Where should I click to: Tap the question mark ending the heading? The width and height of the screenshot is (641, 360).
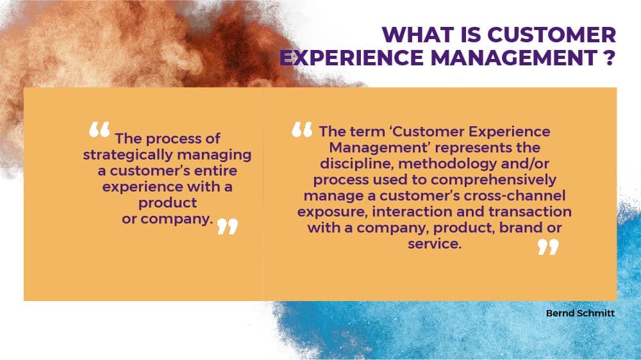coord(609,57)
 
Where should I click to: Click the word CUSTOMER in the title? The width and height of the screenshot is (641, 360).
coord(552,35)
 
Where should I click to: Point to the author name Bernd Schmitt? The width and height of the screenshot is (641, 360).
coord(580,313)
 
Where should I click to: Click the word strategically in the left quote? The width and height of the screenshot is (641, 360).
coord(128,155)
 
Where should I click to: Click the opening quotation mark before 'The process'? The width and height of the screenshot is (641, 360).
coord(99,129)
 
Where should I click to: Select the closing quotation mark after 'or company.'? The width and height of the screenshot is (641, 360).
coord(228,226)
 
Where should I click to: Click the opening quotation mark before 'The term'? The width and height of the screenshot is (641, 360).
coord(302,129)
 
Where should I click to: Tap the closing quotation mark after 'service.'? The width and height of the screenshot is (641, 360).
coord(548,247)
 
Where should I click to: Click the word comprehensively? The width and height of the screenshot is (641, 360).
coord(494,180)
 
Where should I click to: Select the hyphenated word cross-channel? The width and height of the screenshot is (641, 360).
coord(515,196)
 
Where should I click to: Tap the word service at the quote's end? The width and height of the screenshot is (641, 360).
coord(433,244)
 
